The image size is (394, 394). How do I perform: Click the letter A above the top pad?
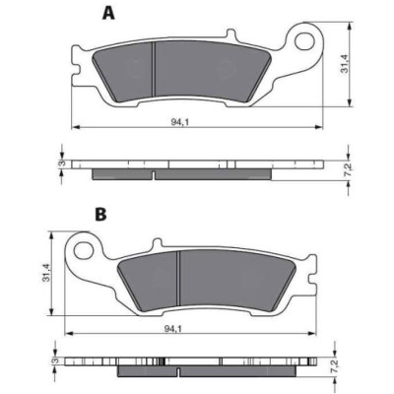[108, 13]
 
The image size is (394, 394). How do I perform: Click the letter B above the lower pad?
[100, 215]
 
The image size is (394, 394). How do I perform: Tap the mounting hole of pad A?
[304, 41]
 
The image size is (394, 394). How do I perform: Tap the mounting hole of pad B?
[84, 251]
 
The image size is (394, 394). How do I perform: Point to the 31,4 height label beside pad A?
[344, 63]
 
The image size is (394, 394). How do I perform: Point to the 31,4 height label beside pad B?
[46, 272]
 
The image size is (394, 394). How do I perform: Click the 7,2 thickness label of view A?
[350, 168]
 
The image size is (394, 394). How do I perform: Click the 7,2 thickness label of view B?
[334, 374]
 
